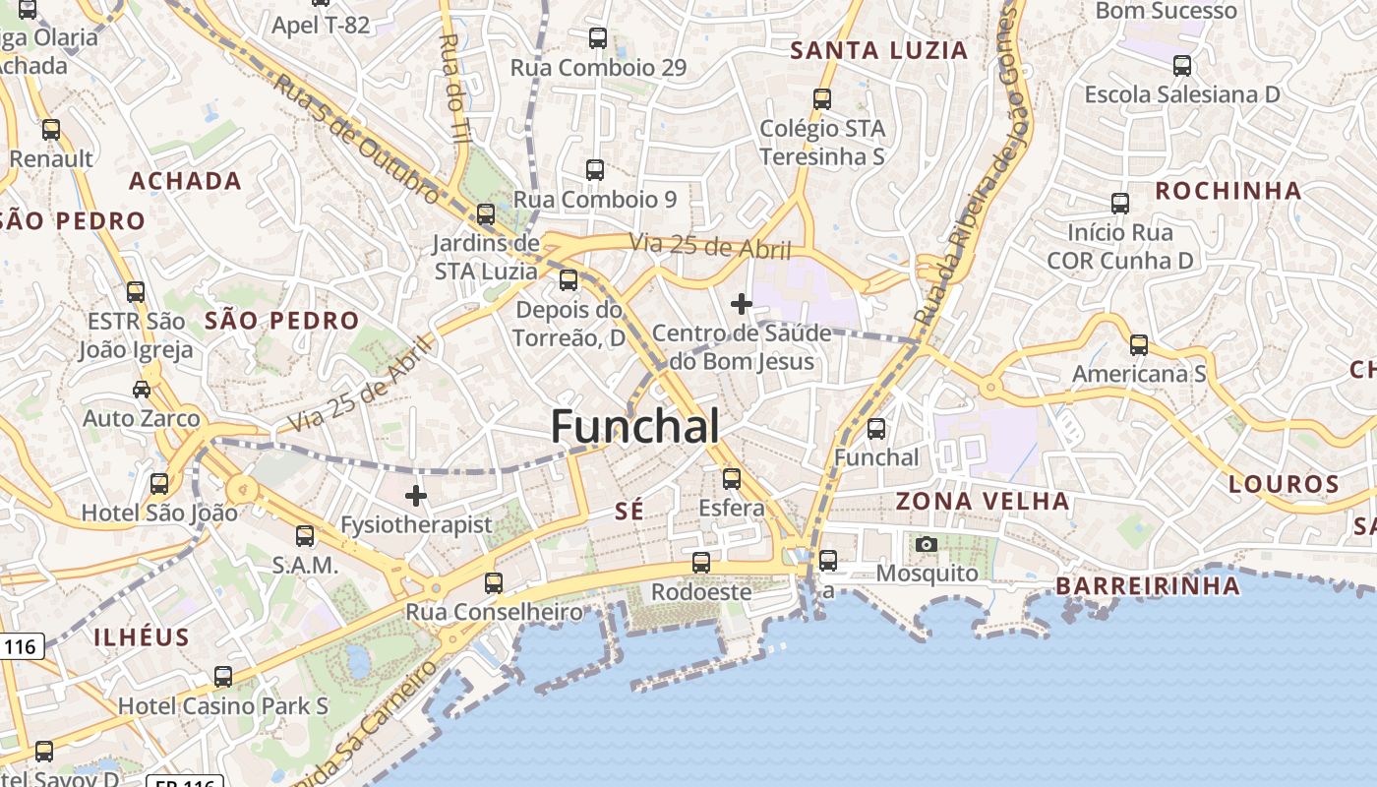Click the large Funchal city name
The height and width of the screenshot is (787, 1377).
[634, 427]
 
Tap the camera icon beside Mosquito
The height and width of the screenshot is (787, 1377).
[926, 544]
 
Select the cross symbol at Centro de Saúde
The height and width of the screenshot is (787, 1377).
[742, 305]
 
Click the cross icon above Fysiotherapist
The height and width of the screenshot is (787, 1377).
[416, 495]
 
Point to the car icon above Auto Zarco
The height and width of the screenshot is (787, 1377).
[142, 389]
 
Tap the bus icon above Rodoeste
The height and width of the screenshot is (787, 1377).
[700, 563]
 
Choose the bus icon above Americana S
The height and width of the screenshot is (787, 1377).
[1138, 344]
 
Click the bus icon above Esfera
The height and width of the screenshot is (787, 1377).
[731, 479]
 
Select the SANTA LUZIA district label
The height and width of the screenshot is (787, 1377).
[879, 51]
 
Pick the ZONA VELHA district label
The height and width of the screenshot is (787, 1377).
[983, 501]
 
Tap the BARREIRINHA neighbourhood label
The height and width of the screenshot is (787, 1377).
[1148, 586]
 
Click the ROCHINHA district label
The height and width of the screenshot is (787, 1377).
[1227, 191]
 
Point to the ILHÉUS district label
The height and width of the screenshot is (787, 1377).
[142, 636]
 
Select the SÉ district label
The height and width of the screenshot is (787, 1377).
[629, 511]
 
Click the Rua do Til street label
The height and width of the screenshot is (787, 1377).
[454, 89]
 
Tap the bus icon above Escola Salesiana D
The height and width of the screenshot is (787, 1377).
[1181, 66]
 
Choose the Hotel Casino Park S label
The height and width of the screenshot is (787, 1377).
[223, 706]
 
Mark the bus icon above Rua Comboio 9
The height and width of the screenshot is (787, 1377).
[594, 169]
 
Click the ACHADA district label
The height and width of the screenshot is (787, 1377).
[185, 181]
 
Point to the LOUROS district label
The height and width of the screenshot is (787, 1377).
[1284, 484]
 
